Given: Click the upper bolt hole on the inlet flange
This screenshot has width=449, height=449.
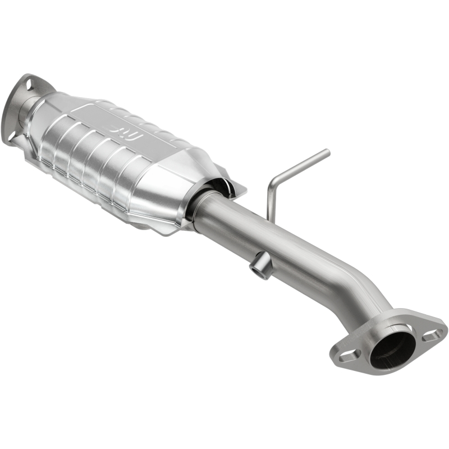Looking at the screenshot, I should click(x=25, y=84).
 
